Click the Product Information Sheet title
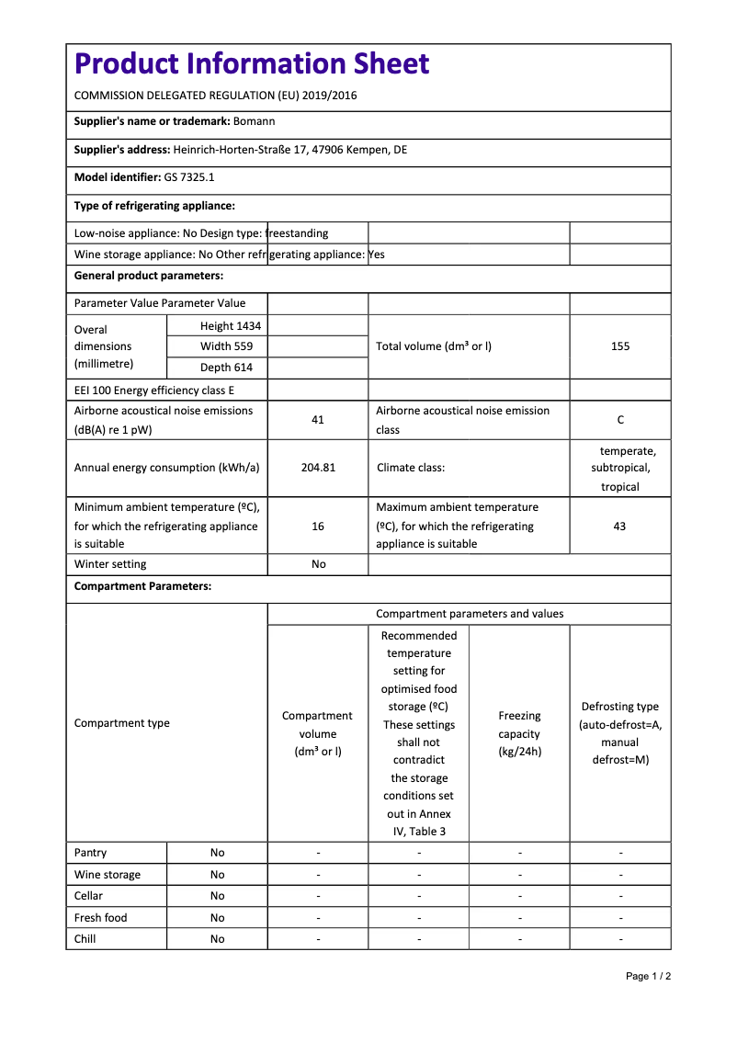tap(252, 64)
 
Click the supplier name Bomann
tap(254, 121)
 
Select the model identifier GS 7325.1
tap(189, 176)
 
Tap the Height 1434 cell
tap(231, 326)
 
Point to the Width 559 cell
tap(226, 346)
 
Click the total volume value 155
tap(620, 346)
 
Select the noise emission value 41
tap(318, 420)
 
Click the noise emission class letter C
tap(620, 420)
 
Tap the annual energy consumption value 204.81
tap(318, 468)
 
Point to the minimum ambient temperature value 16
tap(318, 527)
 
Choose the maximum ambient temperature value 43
tap(619, 527)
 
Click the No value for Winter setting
tap(318, 564)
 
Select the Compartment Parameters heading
tap(142, 586)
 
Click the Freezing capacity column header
tap(519, 733)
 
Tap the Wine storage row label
tap(108, 875)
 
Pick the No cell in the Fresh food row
tap(217, 918)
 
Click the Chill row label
tap(85, 939)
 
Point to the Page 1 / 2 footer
tap(648, 976)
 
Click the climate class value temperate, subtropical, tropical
tap(620, 469)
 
